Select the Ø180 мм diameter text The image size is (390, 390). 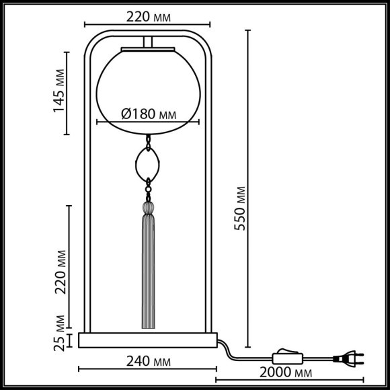tap(149, 113)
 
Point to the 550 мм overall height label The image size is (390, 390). tap(240, 209)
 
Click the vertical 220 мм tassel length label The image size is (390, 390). tap(61, 272)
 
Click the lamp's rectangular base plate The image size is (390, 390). tap(148, 340)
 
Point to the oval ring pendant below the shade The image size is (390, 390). tap(148, 163)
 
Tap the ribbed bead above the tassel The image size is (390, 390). tap(148, 206)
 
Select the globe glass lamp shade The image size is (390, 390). tap(148, 87)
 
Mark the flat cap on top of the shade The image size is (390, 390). tap(148, 50)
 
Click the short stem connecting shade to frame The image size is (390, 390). tap(148, 42)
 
